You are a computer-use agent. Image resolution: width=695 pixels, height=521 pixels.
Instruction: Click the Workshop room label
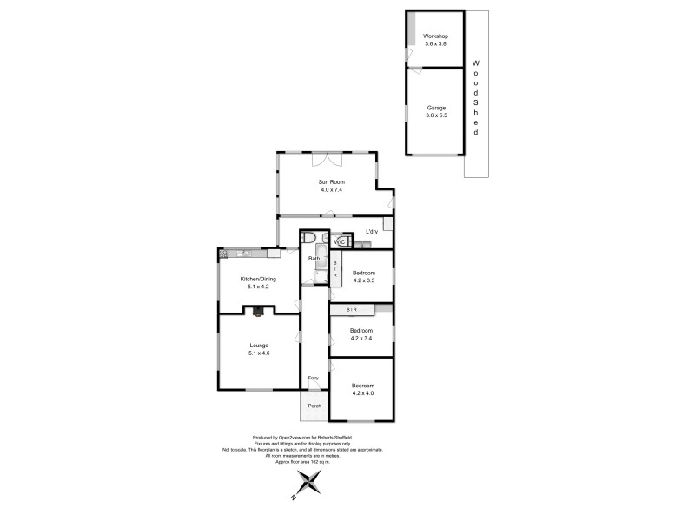pos(434,36)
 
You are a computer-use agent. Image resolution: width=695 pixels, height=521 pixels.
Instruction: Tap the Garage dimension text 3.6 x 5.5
pos(436,115)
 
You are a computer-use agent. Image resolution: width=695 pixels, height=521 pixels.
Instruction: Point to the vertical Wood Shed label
pos(475,96)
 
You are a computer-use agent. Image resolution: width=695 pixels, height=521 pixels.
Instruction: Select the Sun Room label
pos(330,182)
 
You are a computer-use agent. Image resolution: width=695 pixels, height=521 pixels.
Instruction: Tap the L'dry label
pos(372,231)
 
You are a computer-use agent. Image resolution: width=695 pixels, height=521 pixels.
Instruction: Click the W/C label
pos(340,241)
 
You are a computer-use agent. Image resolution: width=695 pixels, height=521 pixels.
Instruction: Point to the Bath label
pos(314,259)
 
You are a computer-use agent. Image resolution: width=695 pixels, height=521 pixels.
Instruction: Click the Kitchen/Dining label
pos(258,279)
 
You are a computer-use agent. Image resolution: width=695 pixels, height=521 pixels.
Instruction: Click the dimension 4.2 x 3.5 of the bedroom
pos(363,280)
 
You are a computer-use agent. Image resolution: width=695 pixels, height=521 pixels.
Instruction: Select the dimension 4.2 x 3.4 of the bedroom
pos(361,339)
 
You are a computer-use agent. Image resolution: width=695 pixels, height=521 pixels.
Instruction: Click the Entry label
pos(314,378)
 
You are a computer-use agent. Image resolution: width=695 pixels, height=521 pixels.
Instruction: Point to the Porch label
pos(314,405)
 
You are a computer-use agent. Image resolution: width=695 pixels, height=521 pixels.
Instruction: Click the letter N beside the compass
pos(295,498)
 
